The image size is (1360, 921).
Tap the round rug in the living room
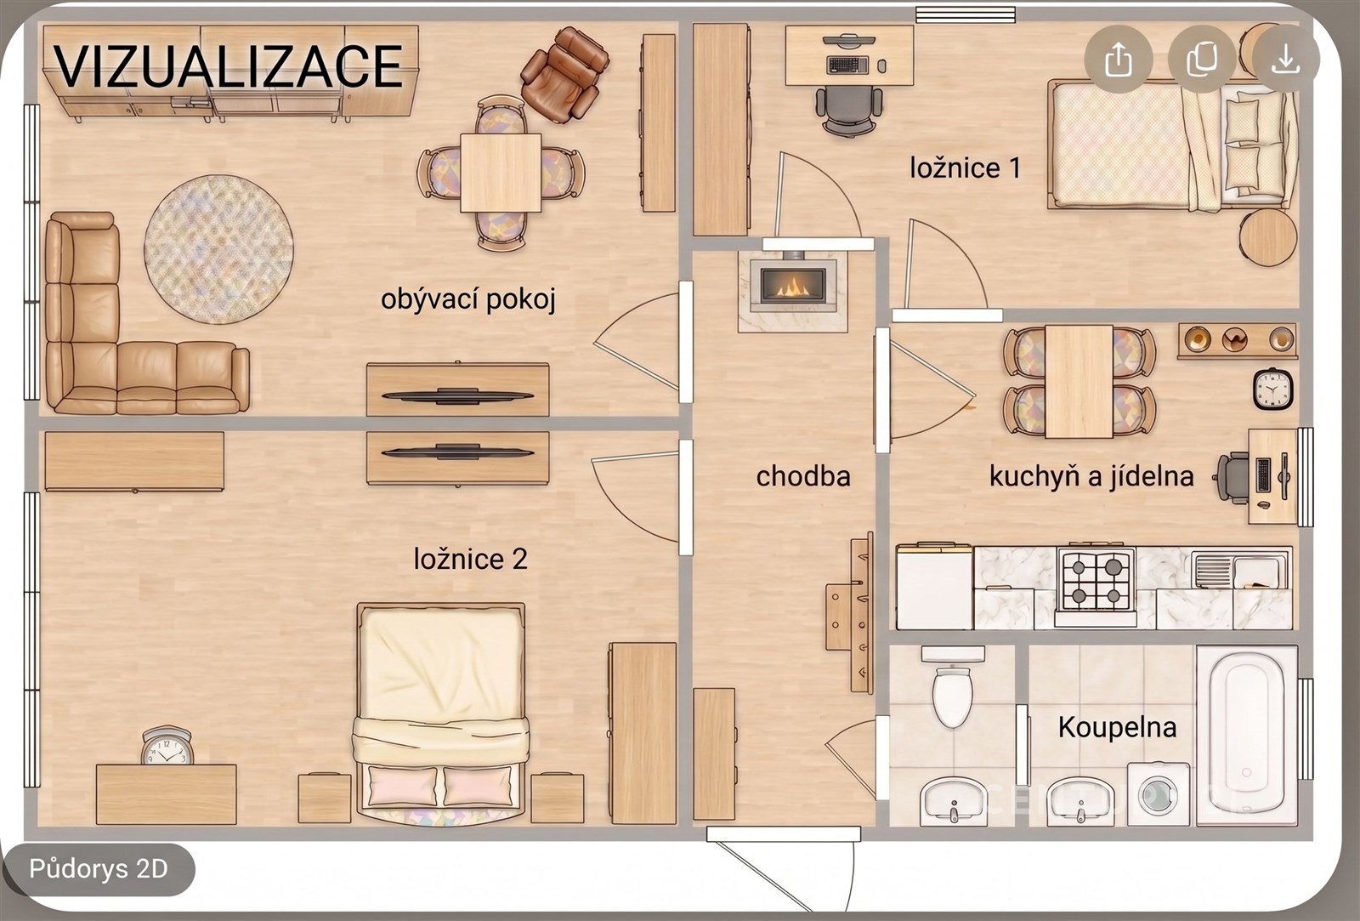coord(218,249)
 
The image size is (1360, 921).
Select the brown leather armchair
coord(564,74)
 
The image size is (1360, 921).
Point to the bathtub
coord(1247,736)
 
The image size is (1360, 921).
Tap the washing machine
coord(1159,794)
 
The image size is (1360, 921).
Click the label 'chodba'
coord(802,477)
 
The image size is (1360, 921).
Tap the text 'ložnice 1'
coord(965,168)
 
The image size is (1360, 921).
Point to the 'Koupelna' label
coord(1117,727)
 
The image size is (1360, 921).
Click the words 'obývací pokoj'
coord(468,299)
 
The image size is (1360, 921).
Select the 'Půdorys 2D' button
coord(98,869)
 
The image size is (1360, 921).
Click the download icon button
coord(1285,60)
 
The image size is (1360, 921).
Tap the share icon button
coord(1119,60)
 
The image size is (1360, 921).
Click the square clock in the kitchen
coord(1272,389)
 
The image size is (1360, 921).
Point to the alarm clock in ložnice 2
coord(167,746)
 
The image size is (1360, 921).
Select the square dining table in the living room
coord(501,173)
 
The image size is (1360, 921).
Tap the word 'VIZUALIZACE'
coord(229,66)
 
